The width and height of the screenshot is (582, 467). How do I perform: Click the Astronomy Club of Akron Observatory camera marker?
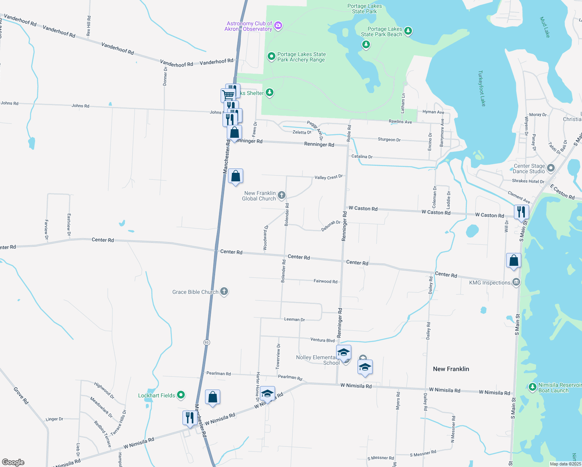pos(278,26)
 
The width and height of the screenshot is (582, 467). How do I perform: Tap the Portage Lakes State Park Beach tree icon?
pos(408,31)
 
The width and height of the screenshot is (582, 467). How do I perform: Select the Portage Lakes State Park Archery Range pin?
pos(271,57)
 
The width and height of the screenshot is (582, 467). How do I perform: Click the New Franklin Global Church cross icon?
pos(282,195)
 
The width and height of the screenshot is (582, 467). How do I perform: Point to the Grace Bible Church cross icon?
pos(224,291)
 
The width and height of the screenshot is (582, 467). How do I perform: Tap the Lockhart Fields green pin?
pos(181,395)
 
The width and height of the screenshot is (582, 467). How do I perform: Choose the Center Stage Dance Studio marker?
pos(550,168)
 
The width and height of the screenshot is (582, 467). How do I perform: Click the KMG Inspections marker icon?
pos(516,283)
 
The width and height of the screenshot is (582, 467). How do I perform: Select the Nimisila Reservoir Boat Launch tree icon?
pos(532,387)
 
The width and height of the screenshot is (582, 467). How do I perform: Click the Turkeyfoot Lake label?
pos(482,88)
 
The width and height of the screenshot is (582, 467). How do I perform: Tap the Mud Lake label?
pos(545,27)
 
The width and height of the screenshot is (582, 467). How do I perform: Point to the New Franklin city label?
pos(451,369)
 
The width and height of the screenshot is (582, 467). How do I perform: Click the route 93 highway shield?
pos(206,342)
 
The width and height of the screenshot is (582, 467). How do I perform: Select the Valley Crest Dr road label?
pos(328,177)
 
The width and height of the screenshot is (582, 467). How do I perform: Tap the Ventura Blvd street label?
pos(322,340)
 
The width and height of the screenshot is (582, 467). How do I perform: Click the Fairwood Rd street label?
pos(325,281)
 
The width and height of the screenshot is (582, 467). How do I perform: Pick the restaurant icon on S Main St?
pos(521,212)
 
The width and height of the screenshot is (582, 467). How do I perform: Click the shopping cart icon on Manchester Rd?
pos(228,94)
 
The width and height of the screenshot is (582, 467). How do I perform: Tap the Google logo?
pos(13,462)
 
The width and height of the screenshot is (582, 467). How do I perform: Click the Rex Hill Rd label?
pos(89,26)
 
